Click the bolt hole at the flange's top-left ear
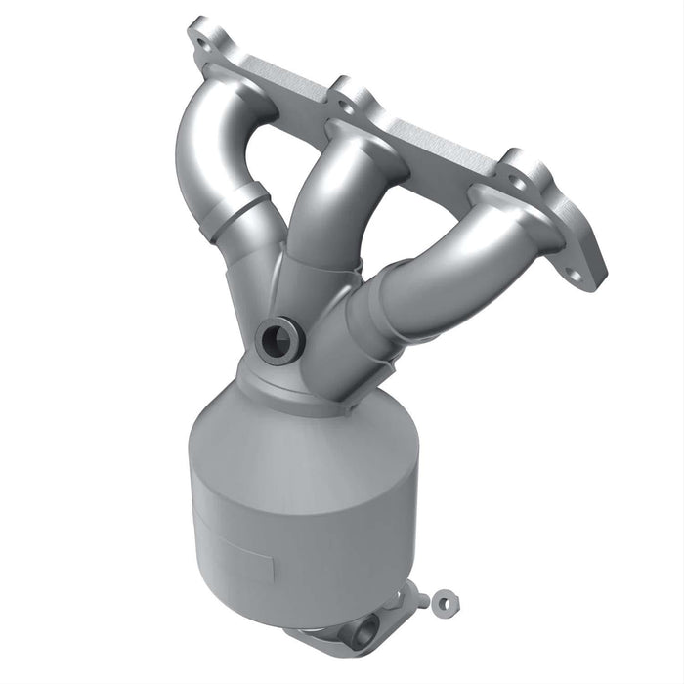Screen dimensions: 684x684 click(x=203, y=44)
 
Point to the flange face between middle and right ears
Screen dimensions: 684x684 click(x=440, y=147)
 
